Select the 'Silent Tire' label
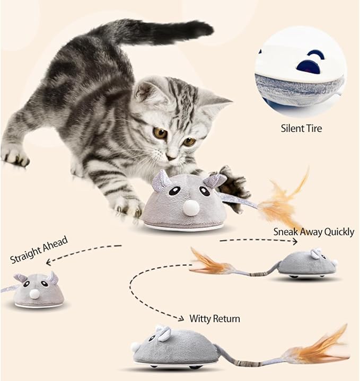point(301,128)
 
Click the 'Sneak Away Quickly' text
point(313,232)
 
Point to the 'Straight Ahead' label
point(39,250)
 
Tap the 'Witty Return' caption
point(215,318)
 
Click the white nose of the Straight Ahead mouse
point(34,293)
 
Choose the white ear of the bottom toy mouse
point(164,333)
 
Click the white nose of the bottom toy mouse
point(135,347)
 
